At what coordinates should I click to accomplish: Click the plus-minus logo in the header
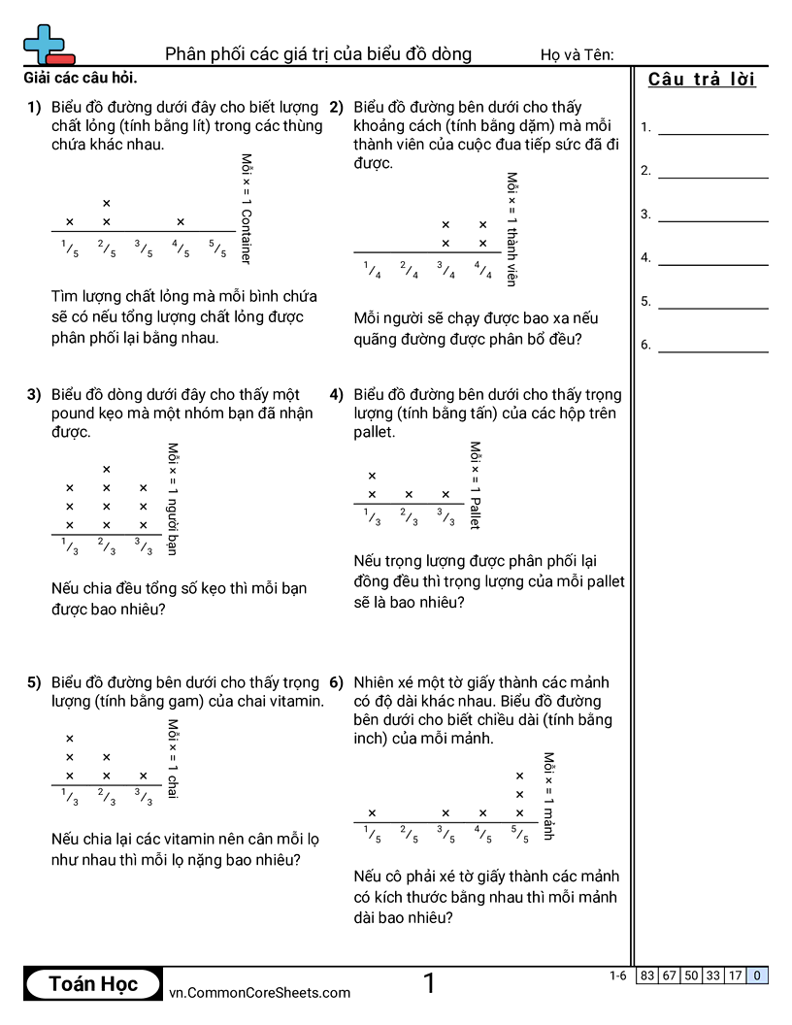point(47,45)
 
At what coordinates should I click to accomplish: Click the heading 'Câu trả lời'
point(702,80)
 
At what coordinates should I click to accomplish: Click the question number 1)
point(34,108)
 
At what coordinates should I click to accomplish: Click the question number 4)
point(337,395)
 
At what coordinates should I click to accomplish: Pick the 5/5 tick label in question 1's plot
point(217,249)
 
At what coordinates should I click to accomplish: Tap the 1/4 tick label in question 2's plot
point(372,271)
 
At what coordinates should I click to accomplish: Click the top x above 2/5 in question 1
point(107,203)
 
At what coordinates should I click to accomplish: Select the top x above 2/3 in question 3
point(107,470)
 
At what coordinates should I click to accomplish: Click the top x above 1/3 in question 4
point(372,476)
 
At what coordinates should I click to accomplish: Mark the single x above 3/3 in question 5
point(144,776)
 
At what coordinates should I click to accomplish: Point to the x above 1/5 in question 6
point(372,813)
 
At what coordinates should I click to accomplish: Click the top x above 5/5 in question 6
point(519,776)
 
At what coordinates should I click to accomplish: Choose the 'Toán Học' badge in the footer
point(93,984)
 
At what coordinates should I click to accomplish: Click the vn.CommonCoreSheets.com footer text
point(259,992)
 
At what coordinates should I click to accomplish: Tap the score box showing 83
point(647,975)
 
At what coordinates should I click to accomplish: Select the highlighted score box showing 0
point(757,975)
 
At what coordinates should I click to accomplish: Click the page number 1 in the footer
point(429,984)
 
